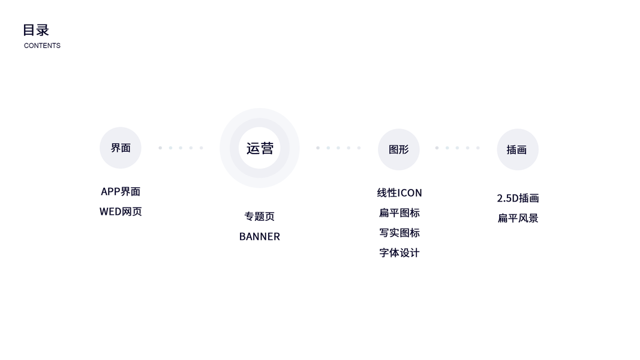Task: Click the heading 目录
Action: click(36, 30)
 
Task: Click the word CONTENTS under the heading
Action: click(42, 46)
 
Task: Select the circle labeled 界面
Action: click(121, 148)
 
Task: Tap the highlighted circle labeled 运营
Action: click(260, 148)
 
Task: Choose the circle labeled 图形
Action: click(399, 149)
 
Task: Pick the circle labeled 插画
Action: click(517, 150)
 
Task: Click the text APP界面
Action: click(121, 191)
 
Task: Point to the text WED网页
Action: click(121, 211)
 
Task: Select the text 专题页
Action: click(260, 217)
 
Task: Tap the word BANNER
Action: click(260, 236)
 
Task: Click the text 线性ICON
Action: click(399, 193)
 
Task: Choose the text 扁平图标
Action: click(399, 213)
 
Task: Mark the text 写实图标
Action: click(399, 233)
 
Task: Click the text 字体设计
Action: click(399, 253)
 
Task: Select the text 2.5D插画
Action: click(518, 198)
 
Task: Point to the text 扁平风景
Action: click(518, 218)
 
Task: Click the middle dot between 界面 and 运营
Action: click(181, 148)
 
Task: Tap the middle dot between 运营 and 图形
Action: click(338, 148)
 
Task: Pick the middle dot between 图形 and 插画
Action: click(457, 148)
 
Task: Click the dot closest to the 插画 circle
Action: click(478, 148)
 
